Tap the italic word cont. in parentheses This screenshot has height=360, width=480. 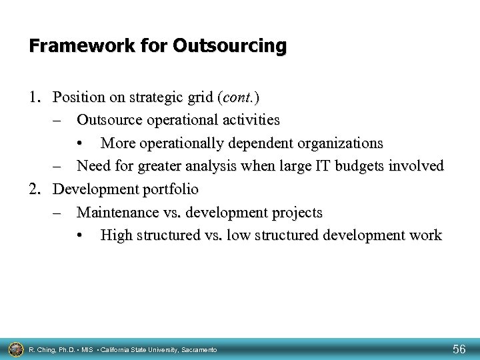(x=239, y=97)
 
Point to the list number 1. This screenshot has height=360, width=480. (x=35, y=97)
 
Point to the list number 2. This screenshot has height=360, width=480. (x=35, y=189)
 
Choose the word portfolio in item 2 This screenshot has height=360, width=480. (x=171, y=189)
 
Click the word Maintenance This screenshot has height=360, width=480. (x=116, y=213)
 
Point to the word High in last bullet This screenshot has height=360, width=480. (x=115, y=235)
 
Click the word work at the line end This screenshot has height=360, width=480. (x=425, y=235)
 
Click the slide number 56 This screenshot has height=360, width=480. (x=459, y=348)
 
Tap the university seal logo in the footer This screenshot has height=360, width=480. (x=14, y=348)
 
